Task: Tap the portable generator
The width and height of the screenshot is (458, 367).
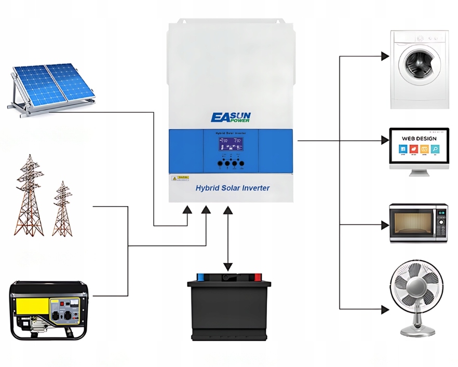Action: click(49, 310)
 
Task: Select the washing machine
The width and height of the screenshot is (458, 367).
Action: click(420, 69)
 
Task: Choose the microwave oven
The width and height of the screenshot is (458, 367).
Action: click(419, 223)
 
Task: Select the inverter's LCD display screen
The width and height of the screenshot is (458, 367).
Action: click(230, 145)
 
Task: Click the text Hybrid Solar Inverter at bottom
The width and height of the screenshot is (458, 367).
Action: click(232, 188)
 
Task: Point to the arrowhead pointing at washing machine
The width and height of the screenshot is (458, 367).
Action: click(385, 56)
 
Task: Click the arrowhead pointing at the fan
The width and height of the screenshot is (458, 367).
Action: click(385, 309)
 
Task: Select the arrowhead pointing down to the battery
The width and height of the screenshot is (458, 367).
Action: click(227, 267)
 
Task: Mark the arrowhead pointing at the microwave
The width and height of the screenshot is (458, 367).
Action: click(385, 225)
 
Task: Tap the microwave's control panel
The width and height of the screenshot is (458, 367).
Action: click(441, 223)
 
